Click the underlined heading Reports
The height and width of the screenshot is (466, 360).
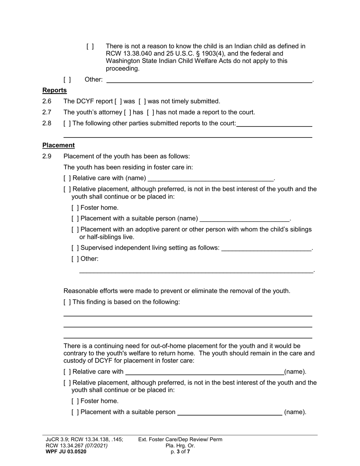click(55, 90)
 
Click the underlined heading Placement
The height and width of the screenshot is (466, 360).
click(58, 145)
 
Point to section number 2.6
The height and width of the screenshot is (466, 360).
click(47, 101)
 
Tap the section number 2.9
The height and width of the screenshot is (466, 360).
click(47, 156)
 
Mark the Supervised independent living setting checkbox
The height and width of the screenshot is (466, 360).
click(75, 248)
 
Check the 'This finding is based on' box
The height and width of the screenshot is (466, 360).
click(67, 302)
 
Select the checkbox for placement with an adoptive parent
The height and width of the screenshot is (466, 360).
click(75, 230)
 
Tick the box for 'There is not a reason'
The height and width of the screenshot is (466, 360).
click(90, 46)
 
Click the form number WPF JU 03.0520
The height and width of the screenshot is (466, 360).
click(66, 451)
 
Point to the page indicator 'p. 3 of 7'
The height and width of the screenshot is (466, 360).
click(180, 451)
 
